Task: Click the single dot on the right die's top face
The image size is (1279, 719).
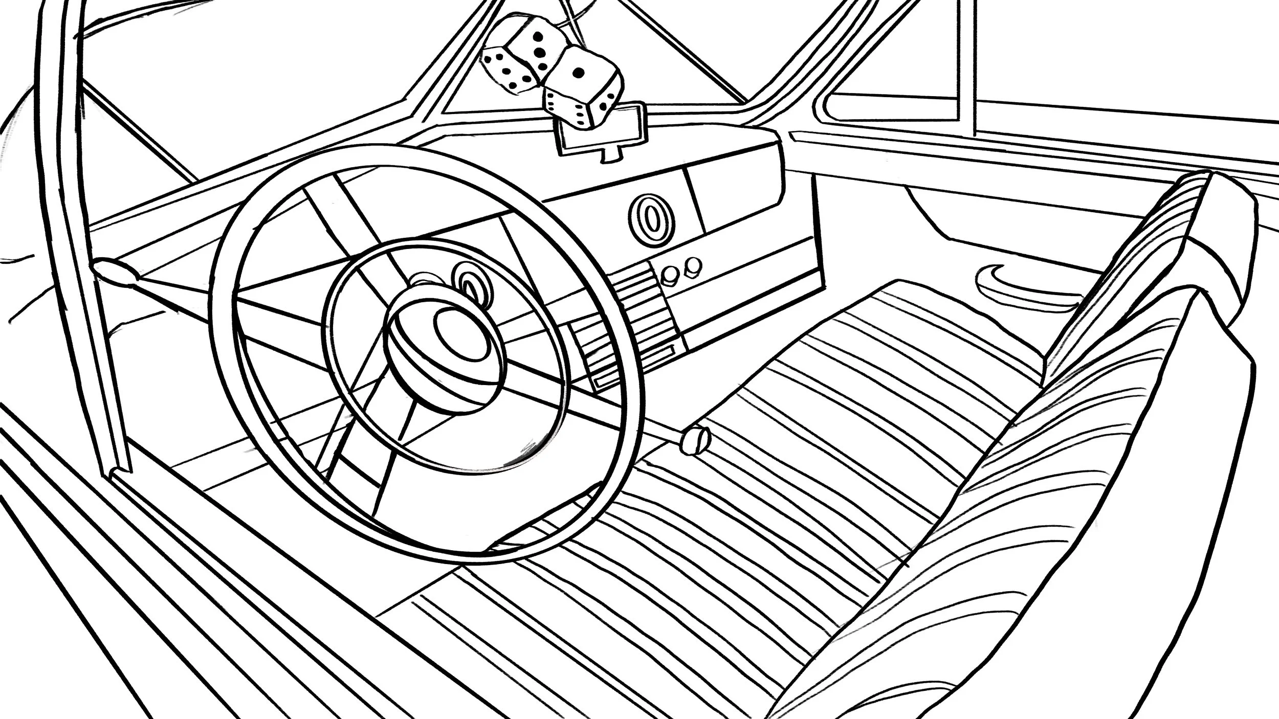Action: [x=579, y=73]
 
